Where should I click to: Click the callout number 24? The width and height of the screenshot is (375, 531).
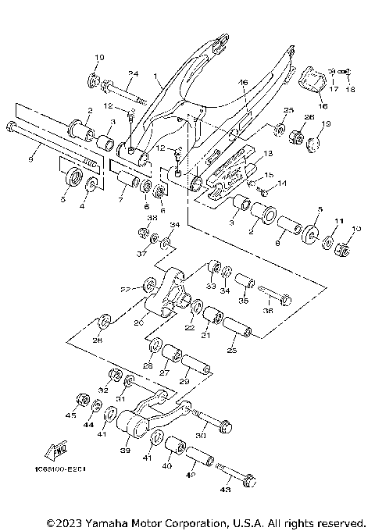pyautogui.click(x=133, y=74)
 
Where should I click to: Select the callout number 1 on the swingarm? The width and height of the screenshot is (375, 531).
pyautogui.click(x=156, y=78)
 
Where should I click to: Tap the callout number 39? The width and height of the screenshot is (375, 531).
pyautogui.click(x=124, y=451)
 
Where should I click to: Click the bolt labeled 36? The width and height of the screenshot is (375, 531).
pyautogui.click(x=274, y=297)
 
